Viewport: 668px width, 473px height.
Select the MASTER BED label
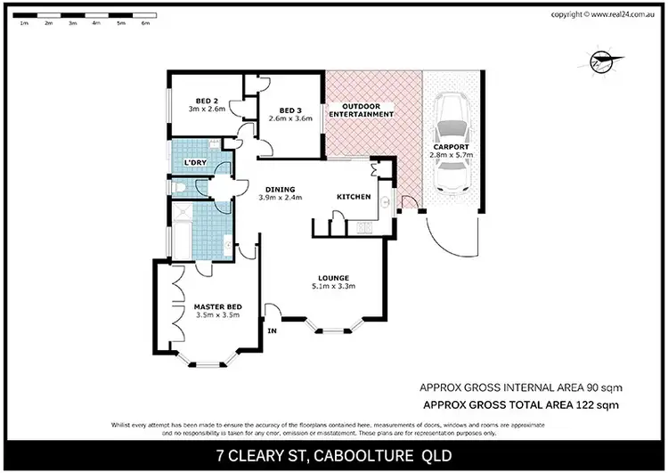click(217, 307)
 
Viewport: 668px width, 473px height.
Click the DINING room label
click(281, 188)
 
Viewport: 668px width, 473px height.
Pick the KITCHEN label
click(353, 196)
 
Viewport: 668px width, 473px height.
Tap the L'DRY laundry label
click(195, 164)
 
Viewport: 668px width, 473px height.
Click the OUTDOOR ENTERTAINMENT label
click(362, 110)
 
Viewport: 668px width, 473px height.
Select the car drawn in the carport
click(453, 149)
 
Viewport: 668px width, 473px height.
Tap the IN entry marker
click(273, 331)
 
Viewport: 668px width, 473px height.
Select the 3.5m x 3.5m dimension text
click(217, 316)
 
